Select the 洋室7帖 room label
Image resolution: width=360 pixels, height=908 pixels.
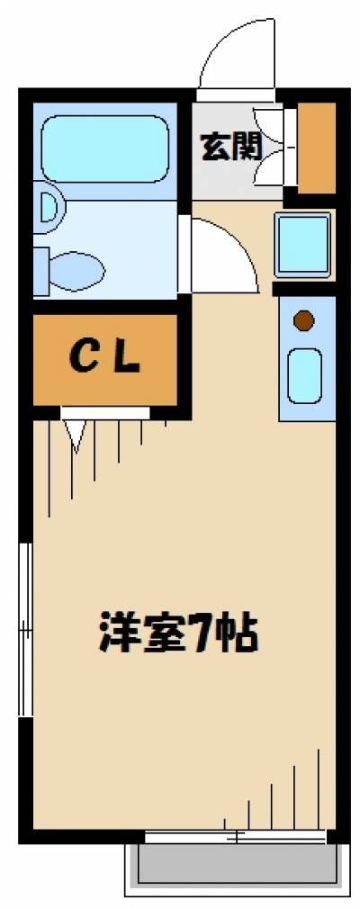[x=178, y=634]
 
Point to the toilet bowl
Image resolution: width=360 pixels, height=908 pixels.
[x=77, y=266]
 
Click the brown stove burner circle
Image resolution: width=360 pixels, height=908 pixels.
[x=304, y=319]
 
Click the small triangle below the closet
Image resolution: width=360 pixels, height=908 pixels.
[x=76, y=434]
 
